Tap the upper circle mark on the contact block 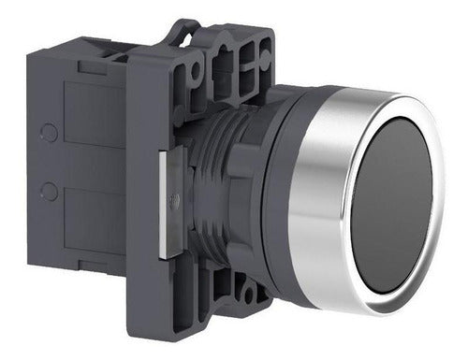coord(50,133)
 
